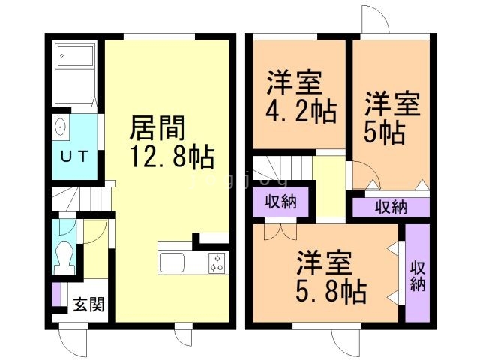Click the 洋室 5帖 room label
(387, 118)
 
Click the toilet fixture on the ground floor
(64, 256)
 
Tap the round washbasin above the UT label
(61, 127)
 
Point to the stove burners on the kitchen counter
(217, 264)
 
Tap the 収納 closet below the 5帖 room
(391, 208)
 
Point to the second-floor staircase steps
(281, 169)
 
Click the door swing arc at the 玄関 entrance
(75, 341)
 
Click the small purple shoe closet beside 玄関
(56, 295)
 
